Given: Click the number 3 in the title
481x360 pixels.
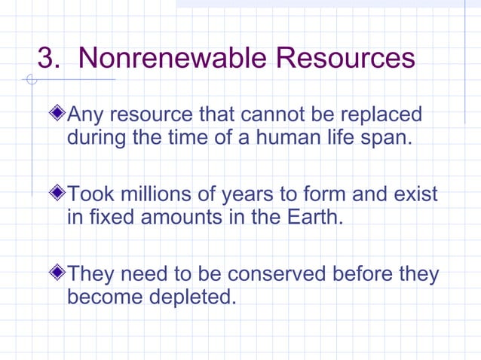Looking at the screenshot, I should click(47, 58).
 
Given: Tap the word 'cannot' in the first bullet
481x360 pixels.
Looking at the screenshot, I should click(280, 116).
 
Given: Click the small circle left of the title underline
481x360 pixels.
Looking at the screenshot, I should click(30, 79).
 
